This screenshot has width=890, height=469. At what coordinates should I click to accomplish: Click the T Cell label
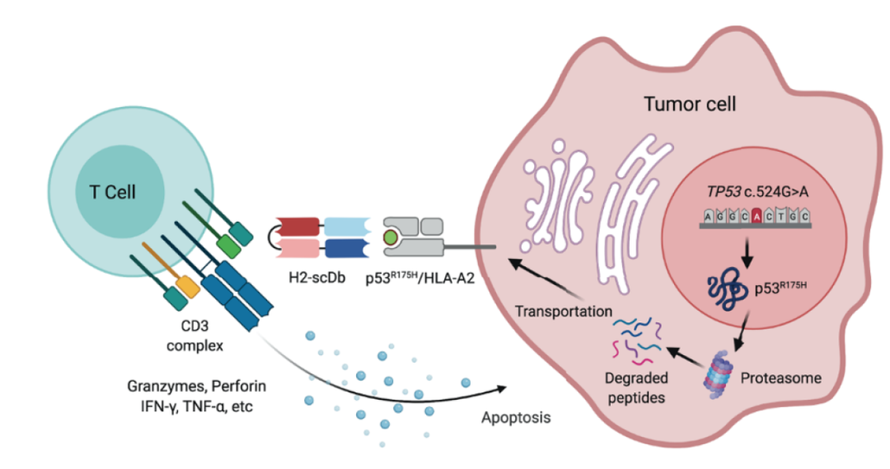112,192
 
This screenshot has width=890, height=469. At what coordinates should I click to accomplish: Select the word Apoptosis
516,417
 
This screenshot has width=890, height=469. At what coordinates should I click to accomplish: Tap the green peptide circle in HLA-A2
391,239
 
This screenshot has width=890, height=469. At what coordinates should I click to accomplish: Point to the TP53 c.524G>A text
752,192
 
